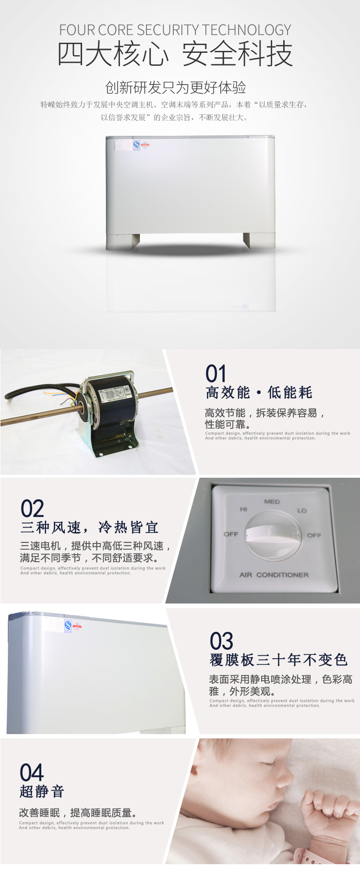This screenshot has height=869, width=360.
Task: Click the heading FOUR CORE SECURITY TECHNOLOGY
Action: [x=175, y=30]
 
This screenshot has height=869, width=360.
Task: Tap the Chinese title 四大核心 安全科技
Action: [x=175, y=54]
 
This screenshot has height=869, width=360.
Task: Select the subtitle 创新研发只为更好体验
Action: [x=175, y=87]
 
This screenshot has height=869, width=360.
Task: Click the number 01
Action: [x=216, y=374]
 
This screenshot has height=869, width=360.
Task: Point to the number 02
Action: [x=32, y=508]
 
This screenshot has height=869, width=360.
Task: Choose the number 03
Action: [x=221, y=641]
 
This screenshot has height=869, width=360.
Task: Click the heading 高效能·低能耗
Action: [x=259, y=393]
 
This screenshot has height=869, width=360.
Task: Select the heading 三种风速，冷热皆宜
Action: [x=89, y=528]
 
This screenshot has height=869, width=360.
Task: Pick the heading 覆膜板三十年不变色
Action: [x=278, y=660]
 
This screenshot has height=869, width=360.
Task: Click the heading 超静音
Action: [x=42, y=792]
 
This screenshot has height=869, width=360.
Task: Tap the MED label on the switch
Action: [x=272, y=502]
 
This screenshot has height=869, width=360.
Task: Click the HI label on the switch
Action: [x=243, y=509]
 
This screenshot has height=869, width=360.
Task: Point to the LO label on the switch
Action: [x=302, y=510]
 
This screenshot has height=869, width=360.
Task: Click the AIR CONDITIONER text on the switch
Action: [x=274, y=575]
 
